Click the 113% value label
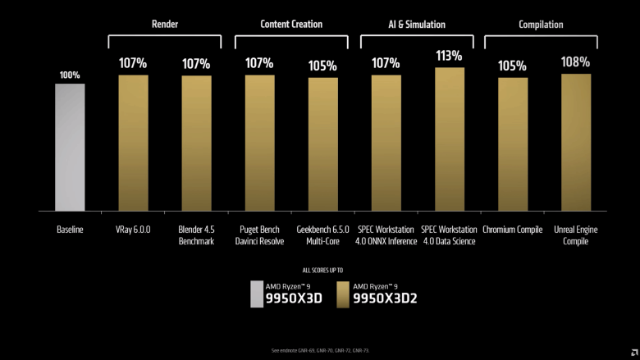click(x=450, y=56)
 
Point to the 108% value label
click(x=576, y=62)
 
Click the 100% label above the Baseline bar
click(x=70, y=75)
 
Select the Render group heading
click(x=165, y=25)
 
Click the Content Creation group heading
click(x=291, y=25)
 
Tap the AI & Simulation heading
click(x=418, y=25)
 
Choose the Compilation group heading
click(x=541, y=25)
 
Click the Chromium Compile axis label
click(x=513, y=230)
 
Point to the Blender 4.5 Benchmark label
click(x=196, y=235)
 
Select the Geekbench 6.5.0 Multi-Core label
click(x=322, y=235)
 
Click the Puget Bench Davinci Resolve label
click(x=259, y=235)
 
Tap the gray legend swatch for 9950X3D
click(x=258, y=294)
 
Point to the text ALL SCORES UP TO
click(x=322, y=270)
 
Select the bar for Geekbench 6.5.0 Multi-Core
click(x=322, y=144)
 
